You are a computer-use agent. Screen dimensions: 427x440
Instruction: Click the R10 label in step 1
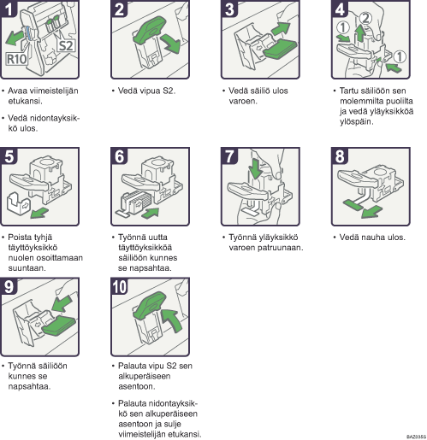17,59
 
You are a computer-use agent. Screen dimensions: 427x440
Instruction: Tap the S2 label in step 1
66,46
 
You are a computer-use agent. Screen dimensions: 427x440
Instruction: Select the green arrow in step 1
15,38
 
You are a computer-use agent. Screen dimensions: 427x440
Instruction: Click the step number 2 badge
119,9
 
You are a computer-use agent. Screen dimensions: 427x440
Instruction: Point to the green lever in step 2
150,28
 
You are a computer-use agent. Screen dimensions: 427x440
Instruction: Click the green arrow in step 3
280,29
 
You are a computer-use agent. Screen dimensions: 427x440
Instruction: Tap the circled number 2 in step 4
365,19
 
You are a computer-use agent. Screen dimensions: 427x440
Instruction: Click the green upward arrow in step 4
360,33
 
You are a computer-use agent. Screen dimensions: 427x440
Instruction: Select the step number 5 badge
9,155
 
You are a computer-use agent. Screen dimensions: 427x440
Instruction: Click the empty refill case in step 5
18,203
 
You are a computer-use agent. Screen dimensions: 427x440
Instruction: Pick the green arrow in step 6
151,213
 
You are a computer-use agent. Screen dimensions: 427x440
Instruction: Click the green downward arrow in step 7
256,168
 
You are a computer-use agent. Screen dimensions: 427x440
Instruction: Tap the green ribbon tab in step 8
353,203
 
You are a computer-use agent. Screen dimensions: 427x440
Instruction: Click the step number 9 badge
9,286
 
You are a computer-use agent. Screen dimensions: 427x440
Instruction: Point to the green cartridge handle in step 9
59,326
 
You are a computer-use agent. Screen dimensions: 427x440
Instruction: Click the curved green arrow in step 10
172,320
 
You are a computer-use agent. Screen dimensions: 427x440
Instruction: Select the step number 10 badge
120,286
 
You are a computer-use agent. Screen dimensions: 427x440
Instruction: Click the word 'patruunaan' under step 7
280,248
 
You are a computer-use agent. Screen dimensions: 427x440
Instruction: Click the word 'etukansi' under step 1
25,101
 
